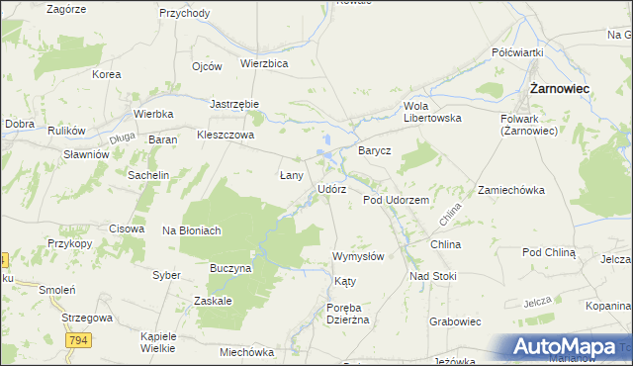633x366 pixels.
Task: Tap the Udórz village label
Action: tap(331, 189)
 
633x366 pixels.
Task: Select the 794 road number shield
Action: tap(81, 340)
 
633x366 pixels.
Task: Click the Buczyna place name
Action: tap(231, 268)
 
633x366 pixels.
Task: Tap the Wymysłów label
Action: tap(358, 255)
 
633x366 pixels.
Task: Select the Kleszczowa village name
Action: tap(226, 135)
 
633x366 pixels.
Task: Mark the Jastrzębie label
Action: tap(234, 103)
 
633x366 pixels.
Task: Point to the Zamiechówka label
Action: tap(511, 190)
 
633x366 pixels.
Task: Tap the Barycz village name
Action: tap(375, 151)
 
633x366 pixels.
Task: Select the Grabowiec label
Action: tap(455, 321)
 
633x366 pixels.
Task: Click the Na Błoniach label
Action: tap(191, 230)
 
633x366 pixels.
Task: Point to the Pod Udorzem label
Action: tap(396, 200)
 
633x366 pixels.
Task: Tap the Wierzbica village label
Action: tap(264, 63)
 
